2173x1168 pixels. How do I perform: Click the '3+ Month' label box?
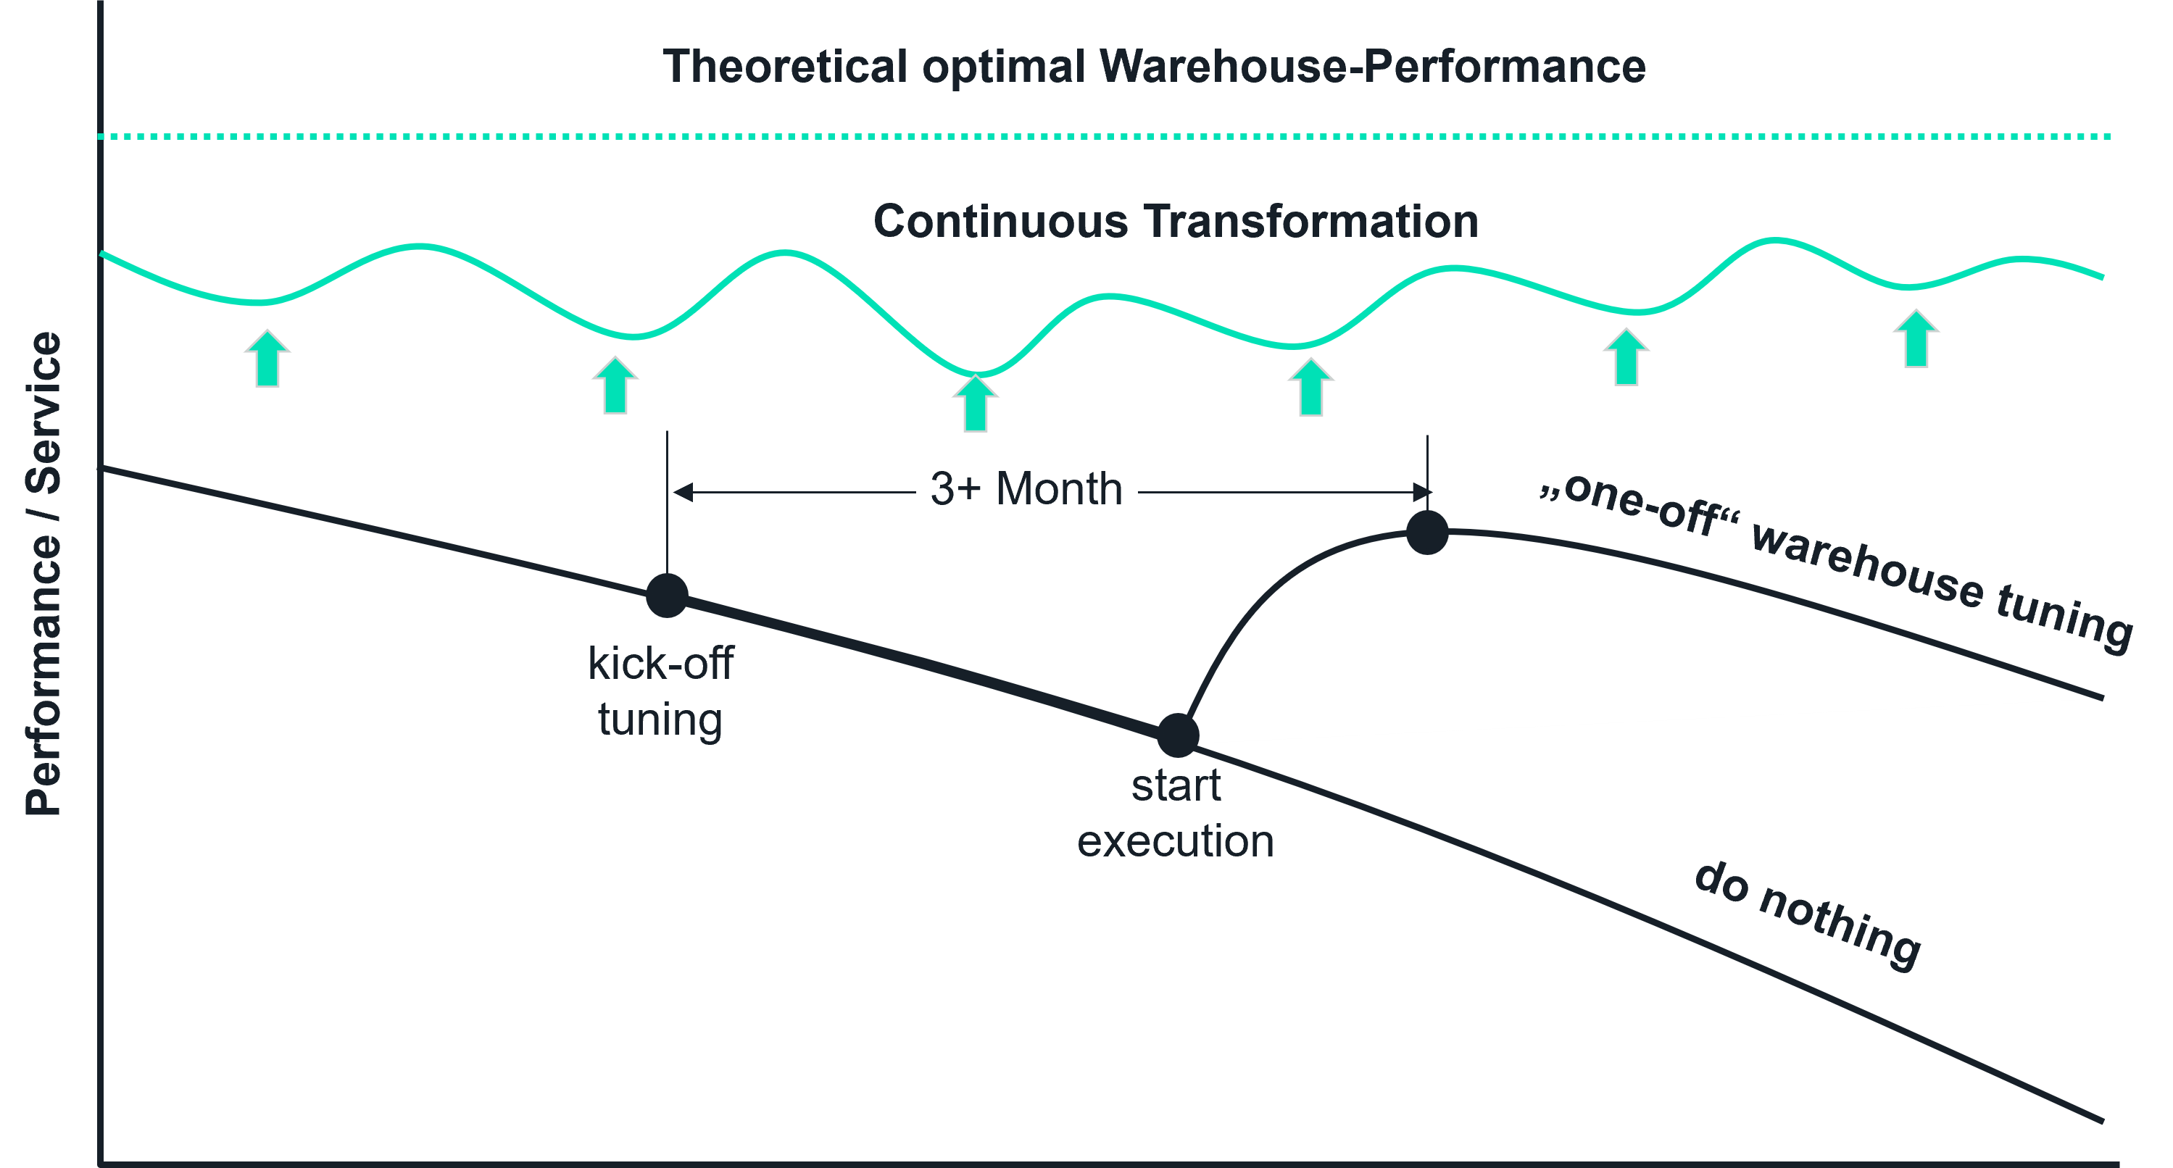point(1026,488)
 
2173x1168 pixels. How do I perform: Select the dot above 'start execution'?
point(1178,735)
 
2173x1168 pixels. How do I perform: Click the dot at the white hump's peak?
point(1427,532)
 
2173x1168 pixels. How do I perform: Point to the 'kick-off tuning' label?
point(660,691)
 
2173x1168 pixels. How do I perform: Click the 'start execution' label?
point(1176,813)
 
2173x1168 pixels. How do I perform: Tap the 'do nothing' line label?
point(1807,916)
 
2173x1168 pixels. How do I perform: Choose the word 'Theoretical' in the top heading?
point(784,66)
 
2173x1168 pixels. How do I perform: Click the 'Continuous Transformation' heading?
point(1175,221)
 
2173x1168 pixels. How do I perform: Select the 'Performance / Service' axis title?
point(43,573)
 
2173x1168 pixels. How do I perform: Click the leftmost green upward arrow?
point(267,359)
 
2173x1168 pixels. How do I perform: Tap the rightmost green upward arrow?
point(1916,338)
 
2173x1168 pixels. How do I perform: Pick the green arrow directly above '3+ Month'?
point(976,403)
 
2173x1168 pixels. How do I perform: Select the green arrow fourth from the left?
point(1311,387)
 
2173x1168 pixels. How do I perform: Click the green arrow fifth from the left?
point(1626,357)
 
